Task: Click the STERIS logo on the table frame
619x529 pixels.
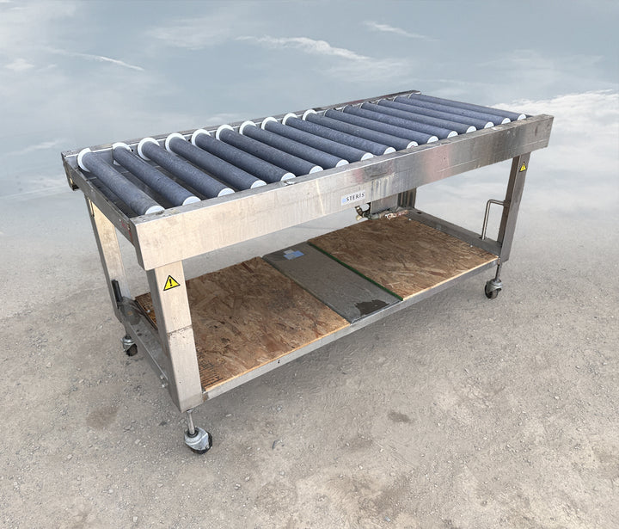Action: [354, 197]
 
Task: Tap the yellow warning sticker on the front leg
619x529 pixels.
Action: [171, 283]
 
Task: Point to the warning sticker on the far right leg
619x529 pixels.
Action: [523, 167]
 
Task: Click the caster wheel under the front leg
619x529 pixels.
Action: [199, 440]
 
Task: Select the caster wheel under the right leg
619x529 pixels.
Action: [493, 289]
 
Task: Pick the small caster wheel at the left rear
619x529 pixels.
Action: [130, 347]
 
